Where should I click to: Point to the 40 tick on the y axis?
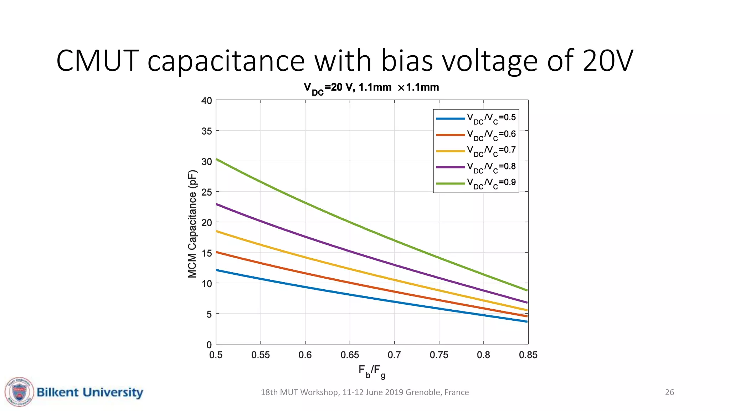coord(207,101)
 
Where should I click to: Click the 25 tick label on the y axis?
coord(207,192)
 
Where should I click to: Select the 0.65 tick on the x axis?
coord(350,355)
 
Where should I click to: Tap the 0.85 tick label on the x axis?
coord(528,355)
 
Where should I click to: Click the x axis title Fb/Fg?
coord(372,371)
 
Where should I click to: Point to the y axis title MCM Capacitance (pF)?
coord(192,224)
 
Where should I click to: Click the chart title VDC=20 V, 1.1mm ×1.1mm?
coord(371,88)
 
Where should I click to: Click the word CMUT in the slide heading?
coord(97,61)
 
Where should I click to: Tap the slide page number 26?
coord(669,392)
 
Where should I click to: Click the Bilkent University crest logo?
coord(19,392)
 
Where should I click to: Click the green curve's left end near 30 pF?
coord(217,159)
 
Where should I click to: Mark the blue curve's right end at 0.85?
coord(526,321)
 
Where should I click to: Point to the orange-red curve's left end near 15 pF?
coord(217,252)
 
